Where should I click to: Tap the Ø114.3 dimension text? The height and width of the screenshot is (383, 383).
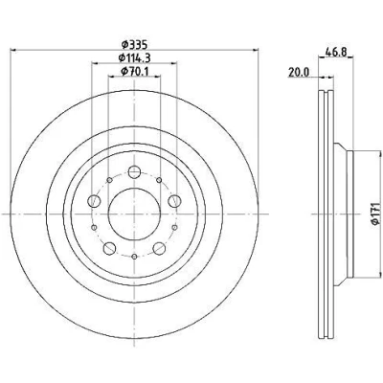click(134, 57)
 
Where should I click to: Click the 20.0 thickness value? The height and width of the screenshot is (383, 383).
click(299, 73)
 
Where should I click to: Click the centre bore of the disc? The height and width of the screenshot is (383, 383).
click(134, 214)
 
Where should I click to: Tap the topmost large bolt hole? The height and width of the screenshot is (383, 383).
click(134, 172)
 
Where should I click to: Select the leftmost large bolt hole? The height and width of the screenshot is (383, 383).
click(94, 201)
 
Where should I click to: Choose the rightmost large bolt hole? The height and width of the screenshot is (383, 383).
click(174, 201)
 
